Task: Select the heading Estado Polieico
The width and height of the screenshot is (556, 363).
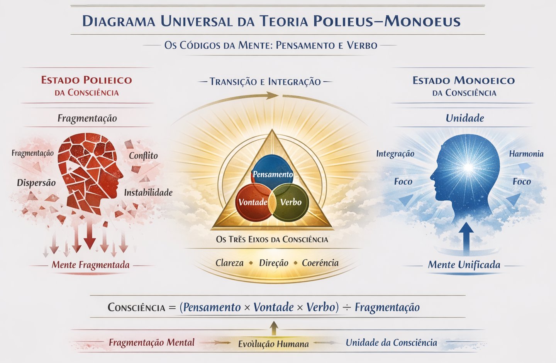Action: (86, 80)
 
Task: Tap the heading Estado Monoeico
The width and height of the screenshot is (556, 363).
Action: (463, 81)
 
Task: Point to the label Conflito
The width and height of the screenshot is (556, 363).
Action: (143, 156)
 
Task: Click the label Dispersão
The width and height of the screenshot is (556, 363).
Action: (36, 183)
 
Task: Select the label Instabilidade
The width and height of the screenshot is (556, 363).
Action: (148, 192)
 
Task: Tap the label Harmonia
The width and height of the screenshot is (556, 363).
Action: (526, 154)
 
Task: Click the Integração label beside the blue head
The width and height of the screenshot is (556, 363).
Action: (395, 154)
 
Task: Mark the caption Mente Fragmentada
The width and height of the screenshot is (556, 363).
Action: (91, 265)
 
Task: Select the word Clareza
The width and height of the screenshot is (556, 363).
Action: (229, 263)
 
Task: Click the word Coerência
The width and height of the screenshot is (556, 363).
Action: (320, 263)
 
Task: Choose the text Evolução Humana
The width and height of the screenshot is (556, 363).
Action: (273, 344)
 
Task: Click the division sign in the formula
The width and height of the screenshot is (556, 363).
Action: (347, 308)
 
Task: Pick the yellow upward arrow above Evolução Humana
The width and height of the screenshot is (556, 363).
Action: (273, 328)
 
